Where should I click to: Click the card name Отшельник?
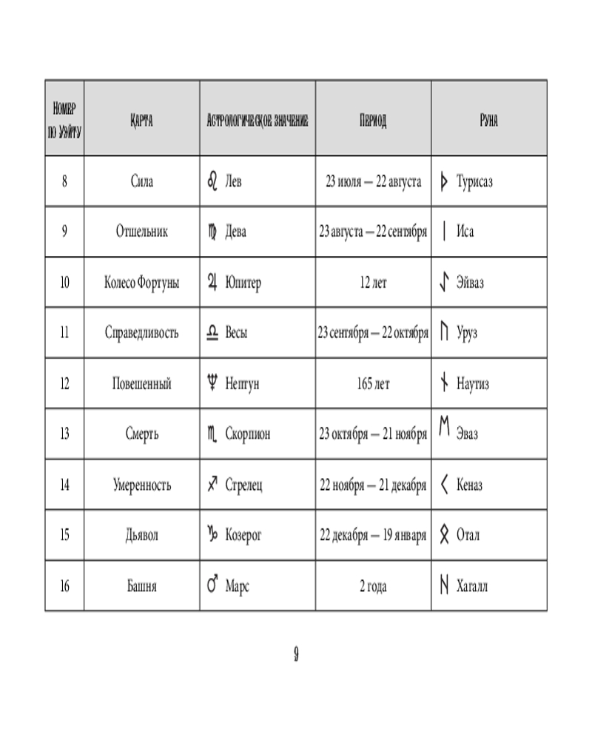(x=141, y=232)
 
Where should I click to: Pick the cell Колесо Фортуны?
(x=141, y=283)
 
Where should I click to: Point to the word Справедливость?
(x=141, y=333)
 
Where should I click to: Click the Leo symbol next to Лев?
(x=212, y=181)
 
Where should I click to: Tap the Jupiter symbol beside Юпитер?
(x=212, y=283)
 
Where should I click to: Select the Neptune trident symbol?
(x=212, y=383)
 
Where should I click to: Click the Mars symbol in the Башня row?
(x=212, y=586)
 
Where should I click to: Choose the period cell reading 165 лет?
(x=373, y=384)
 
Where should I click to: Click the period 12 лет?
(x=373, y=283)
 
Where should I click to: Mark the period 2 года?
(x=373, y=587)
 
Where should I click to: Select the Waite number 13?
(x=64, y=434)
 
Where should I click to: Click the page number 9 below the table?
(x=295, y=653)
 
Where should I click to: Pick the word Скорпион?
(x=247, y=434)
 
